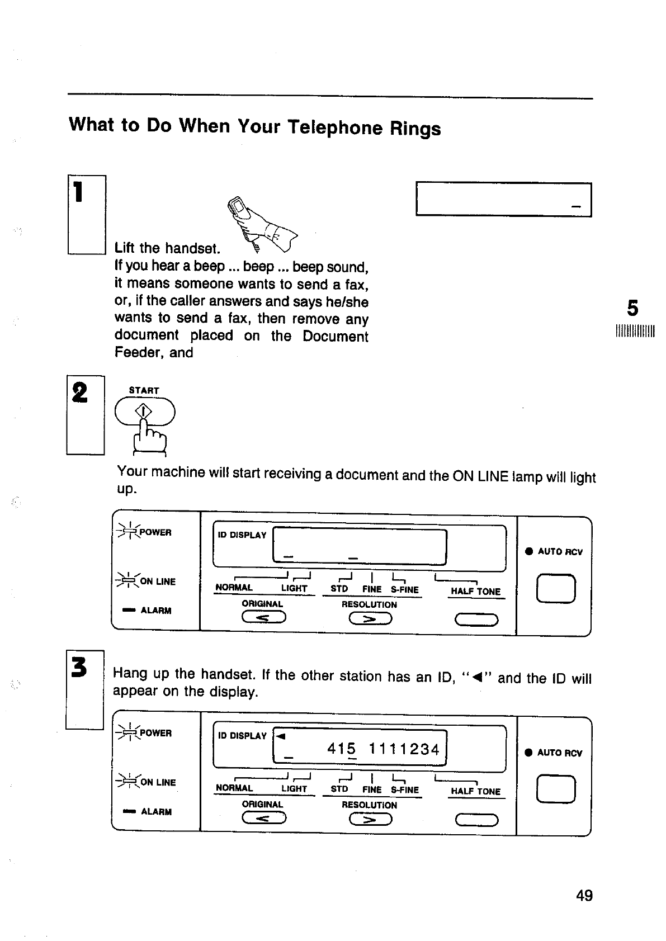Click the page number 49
click(584, 895)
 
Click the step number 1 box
click(87, 214)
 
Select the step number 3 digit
click(79, 667)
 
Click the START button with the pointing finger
click(144, 413)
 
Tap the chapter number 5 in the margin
click(632, 308)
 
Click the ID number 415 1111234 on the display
click(384, 749)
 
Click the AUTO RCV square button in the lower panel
click(556, 790)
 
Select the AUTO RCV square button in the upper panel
click(556, 589)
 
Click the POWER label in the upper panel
click(155, 532)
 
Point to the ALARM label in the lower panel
click(156, 811)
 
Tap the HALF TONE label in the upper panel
click(475, 592)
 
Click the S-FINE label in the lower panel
click(405, 789)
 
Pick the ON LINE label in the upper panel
click(157, 581)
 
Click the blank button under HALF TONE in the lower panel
click(476, 820)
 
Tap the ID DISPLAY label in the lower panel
click(242, 736)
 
